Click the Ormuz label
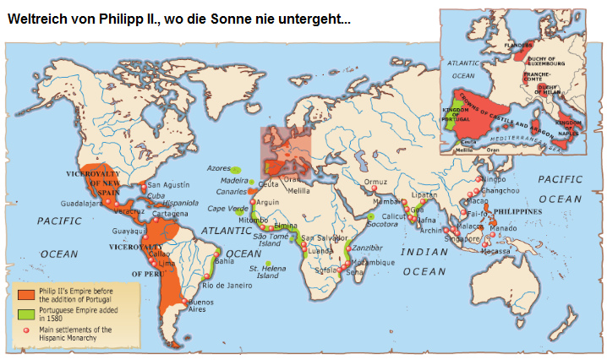pos(375,183)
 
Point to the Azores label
pos(218,167)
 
